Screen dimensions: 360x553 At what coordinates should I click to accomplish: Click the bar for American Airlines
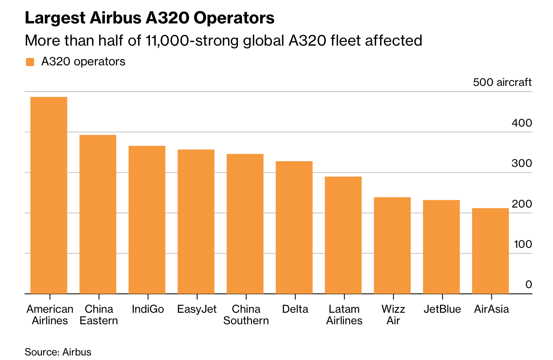tap(49, 195)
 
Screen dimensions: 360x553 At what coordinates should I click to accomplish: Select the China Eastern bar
tap(98, 214)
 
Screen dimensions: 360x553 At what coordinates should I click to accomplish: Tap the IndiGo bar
tap(147, 219)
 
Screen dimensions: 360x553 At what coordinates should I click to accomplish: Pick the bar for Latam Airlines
tap(343, 235)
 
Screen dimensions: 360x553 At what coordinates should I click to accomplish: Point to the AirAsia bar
tap(491, 251)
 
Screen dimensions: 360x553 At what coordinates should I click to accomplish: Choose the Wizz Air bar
tap(392, 245)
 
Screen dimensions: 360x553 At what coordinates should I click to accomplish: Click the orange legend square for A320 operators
tap(30, 62)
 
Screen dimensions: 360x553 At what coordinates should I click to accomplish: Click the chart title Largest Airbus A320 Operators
tap(150, 18)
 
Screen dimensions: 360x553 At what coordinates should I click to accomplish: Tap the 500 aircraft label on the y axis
tap(502, 82)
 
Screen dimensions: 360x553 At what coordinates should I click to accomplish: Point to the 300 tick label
tap(521, 163)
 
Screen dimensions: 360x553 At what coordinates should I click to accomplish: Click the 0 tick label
tap(529, 284)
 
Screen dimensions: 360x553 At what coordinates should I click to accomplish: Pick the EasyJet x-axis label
tap(197, 309)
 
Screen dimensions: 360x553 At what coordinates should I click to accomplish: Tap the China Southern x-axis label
tap(246, 315)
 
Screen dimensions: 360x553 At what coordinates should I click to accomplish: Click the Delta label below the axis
tap(295, 309)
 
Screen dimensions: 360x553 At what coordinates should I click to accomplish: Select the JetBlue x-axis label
tap(442, 309)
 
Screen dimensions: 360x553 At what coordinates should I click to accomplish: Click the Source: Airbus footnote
tap(58, 352)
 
